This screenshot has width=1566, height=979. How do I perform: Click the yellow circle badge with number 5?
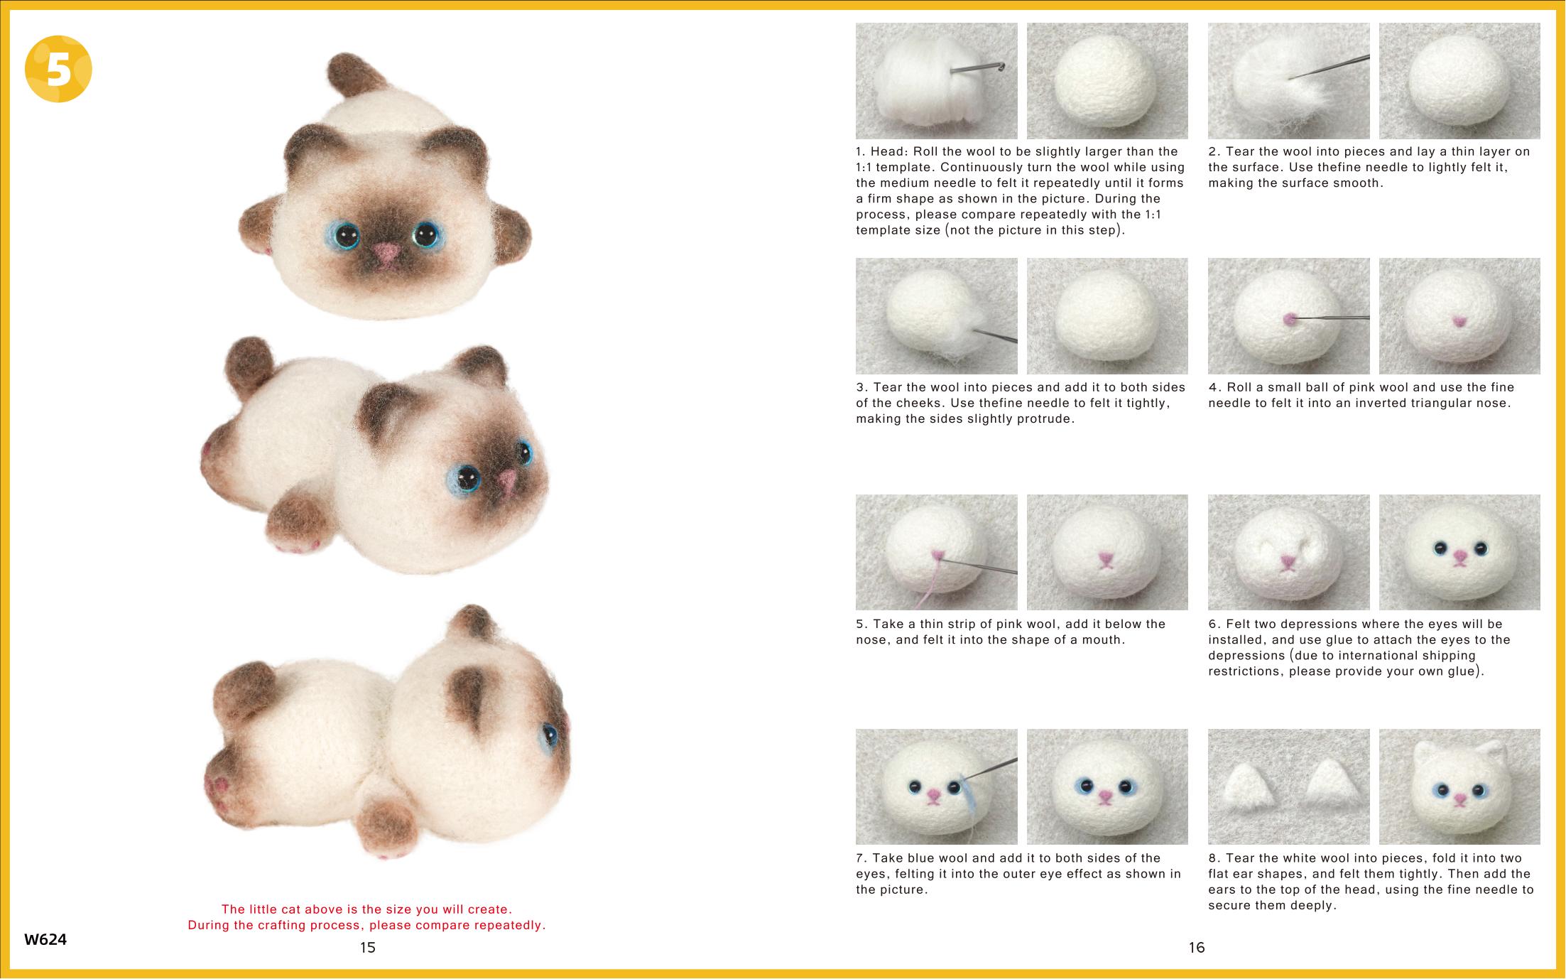(x=58, y=69)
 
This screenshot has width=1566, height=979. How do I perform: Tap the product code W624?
(x=45, y=939)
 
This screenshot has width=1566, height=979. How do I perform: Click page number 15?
(x=367, y=947)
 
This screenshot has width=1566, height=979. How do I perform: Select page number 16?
(x=1197, y=947)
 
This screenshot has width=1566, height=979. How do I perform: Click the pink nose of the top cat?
(x=386, y=251)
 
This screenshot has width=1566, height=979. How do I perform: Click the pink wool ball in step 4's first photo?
(x=1290, y=320)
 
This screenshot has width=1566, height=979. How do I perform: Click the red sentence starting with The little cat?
(x=366, y=909)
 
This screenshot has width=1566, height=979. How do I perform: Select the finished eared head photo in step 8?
(x=1459, y=786)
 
